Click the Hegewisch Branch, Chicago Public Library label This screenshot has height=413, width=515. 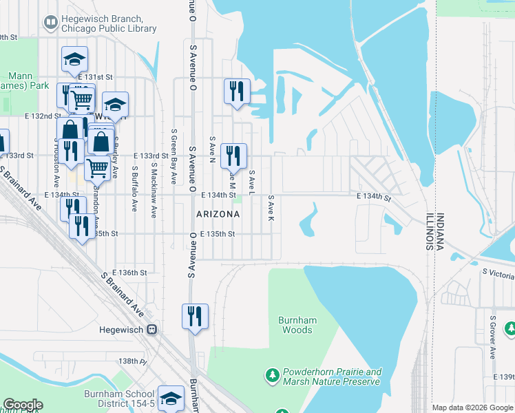tap(109, 23)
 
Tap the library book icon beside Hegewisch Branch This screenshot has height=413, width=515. tap(50, 23)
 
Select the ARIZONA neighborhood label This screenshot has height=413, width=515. tap(218, 214)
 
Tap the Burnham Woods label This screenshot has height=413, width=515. tap(295, 325)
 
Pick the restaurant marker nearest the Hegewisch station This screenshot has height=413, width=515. tap(195, 316)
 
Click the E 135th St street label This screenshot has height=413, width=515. tap(218, 234)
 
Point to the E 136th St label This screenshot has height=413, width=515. tap(134, 273)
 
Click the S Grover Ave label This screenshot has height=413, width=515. tap(493, 337)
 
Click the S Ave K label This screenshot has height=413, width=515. tap(271, 207)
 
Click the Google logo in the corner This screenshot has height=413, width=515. tap(22, 405)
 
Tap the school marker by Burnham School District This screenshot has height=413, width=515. tap(171, 397)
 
